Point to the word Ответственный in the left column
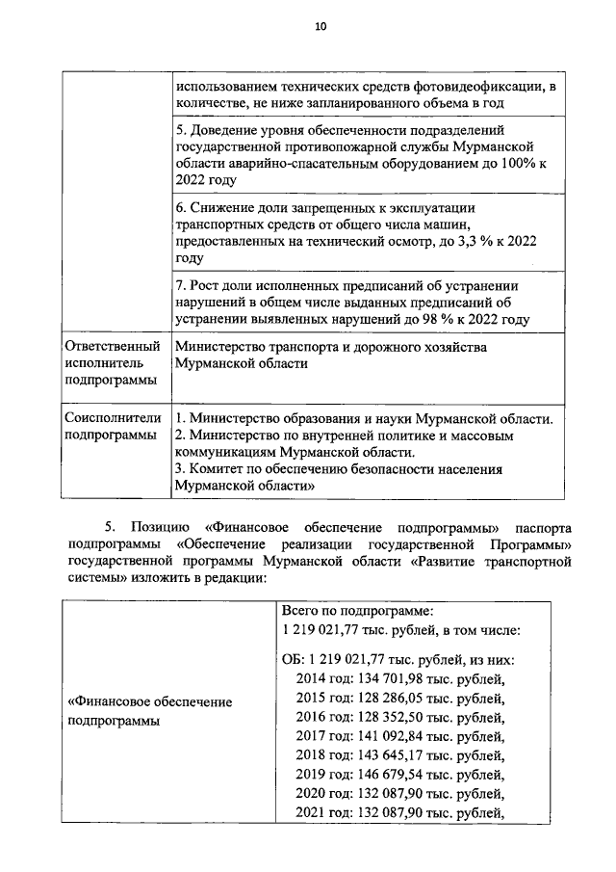tap(111, 346)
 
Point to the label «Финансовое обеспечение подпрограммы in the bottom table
tap(149, 711)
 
